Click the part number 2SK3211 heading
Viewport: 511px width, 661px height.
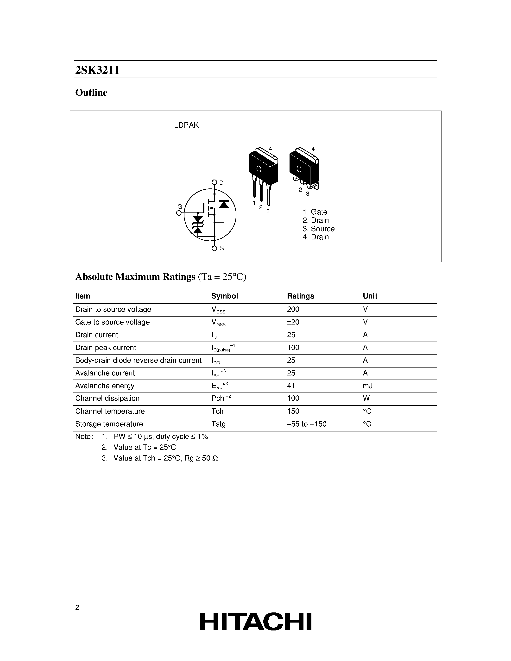click(x=97, y=70)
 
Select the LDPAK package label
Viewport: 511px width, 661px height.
click(x=186, y=125)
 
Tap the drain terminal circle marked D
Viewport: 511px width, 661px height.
click(x=214, y=182)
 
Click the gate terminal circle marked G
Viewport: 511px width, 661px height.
click(x=179, y=213)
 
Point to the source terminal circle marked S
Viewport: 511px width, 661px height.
click(x=214, y=249)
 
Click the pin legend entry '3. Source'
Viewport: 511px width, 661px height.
click(x=318, y=229)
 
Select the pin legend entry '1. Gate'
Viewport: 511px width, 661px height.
click(x=315, y=212)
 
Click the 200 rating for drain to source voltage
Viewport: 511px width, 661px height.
click(x=293, y=309)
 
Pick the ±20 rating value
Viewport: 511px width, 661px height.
click(x=293, y=322)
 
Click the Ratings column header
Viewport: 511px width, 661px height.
click(x=300, y=296)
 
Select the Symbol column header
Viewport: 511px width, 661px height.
click(x=224, y=296)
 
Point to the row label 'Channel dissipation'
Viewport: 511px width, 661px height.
click(x=107, y=398)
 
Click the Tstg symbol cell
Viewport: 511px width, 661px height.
click(x=218, y=424)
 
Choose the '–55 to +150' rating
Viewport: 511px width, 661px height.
click(x=306, y=424)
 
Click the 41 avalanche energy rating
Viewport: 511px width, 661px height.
click(x=291, y=386)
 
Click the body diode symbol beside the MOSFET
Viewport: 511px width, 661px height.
click(x=224, y=204)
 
